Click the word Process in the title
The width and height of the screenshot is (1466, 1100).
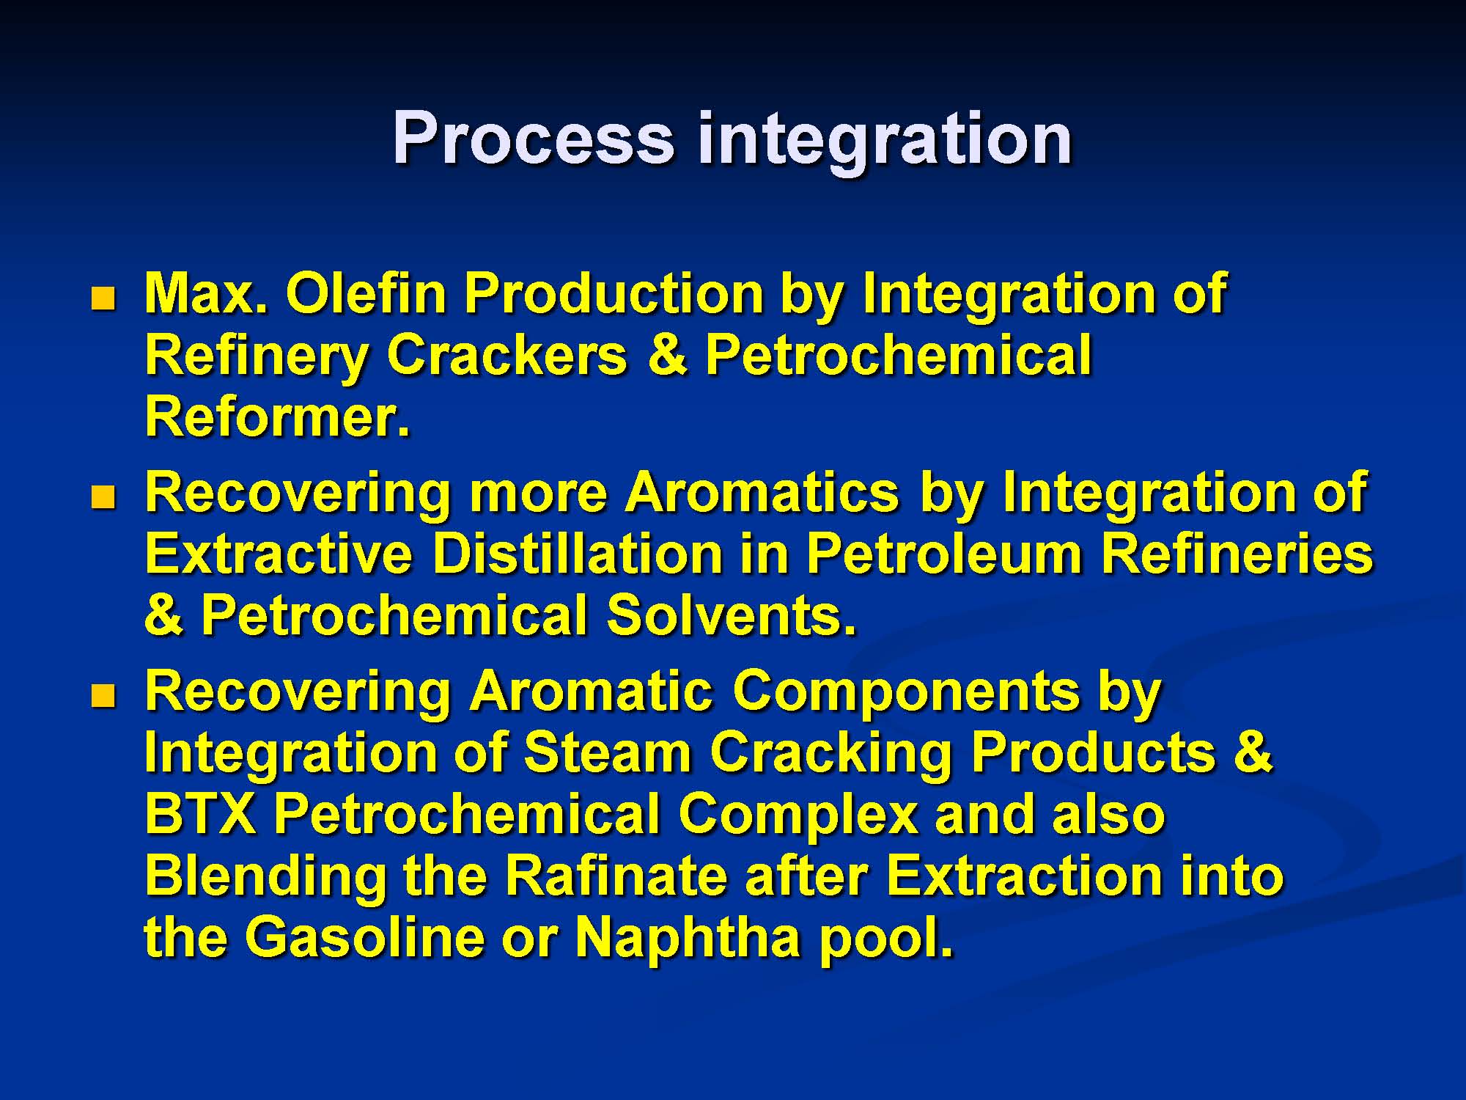[533, 137]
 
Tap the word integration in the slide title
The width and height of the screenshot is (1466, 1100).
[885, 142]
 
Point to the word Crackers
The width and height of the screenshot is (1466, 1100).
[507, 356]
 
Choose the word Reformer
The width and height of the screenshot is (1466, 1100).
[277, 417]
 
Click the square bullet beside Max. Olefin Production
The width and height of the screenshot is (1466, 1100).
[103, 298]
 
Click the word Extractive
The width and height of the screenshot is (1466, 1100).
[279, 554]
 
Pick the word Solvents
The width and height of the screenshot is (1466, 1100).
[731, 616]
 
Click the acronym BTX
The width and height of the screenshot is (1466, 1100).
[201, 815]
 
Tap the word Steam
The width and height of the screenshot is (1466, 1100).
[608, 754]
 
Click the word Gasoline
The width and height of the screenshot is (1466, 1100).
[365, 938]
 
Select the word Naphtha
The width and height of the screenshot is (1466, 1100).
[688, 941]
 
